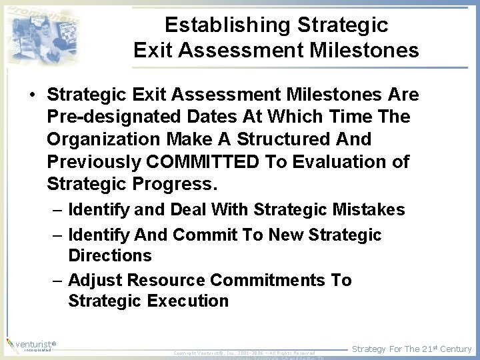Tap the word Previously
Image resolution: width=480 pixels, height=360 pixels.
point(95,161)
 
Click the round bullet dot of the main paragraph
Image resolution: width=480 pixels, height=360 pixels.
point(33,95)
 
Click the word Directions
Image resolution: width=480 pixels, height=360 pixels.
point(110,255)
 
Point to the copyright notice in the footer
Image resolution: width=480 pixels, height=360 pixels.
point(244,352)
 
